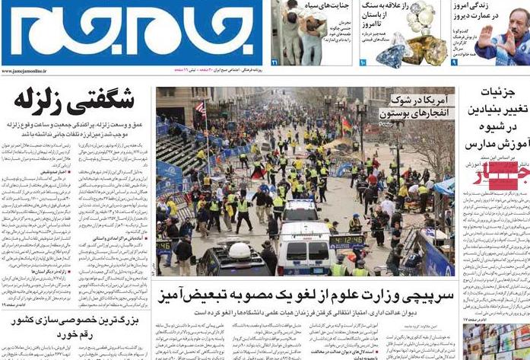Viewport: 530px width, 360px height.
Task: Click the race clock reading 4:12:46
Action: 347,240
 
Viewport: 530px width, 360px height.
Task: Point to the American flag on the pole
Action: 201,108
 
